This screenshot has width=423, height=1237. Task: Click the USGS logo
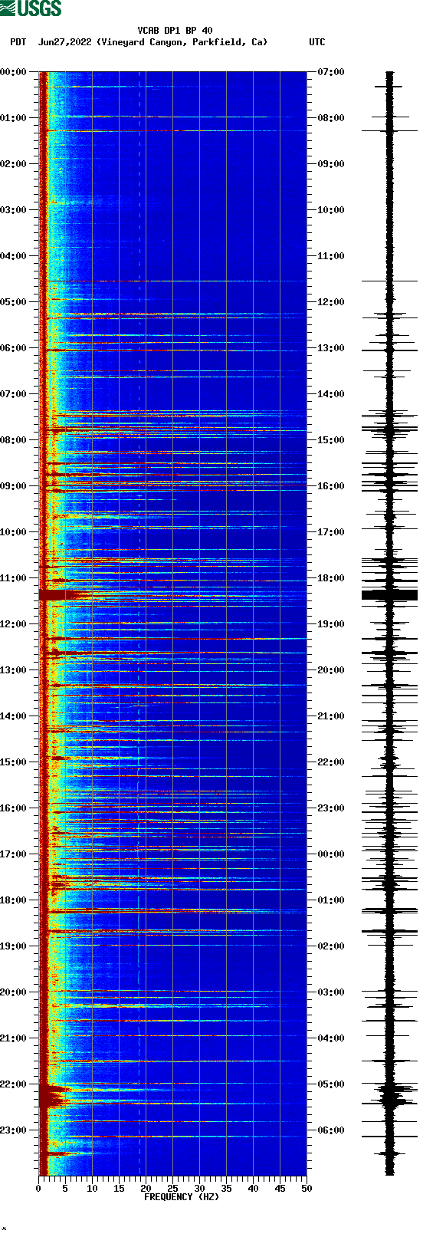[x=31, y=8]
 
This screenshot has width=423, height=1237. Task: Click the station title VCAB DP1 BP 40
[x=175, y=31]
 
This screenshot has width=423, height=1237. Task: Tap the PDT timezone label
[x=18, y=42]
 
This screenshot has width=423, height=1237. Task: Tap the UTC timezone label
[x=316, y=42]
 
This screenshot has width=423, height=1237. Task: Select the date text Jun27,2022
[x=64, y=42]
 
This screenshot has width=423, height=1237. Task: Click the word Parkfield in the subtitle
[x=217, y=42]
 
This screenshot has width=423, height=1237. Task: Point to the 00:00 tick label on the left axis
[x=13, y=72]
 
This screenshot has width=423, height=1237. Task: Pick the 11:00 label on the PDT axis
[x=13, y=578]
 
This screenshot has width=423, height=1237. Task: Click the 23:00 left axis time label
[x=13, y=1130]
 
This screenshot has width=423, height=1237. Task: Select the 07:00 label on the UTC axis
[x=330, y=72]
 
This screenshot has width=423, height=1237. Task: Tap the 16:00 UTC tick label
[x=330, y=486]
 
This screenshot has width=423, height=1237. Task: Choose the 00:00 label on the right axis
[x=330, y=854]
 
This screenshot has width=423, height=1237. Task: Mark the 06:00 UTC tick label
[x=330, y=1130]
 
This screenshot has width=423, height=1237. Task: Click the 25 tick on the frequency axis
[x=172, y=1189]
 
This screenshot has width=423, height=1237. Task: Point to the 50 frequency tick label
[x=307, y=1189]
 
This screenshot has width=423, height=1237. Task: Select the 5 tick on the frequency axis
[x=65, y=1189]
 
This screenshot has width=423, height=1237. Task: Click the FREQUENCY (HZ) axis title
[x=182, y=1197]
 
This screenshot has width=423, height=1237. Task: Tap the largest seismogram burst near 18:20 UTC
[x=389, y=594]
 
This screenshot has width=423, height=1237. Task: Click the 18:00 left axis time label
[x=13, y=900]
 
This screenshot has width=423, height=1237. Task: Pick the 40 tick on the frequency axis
[x=253, y=1189]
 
